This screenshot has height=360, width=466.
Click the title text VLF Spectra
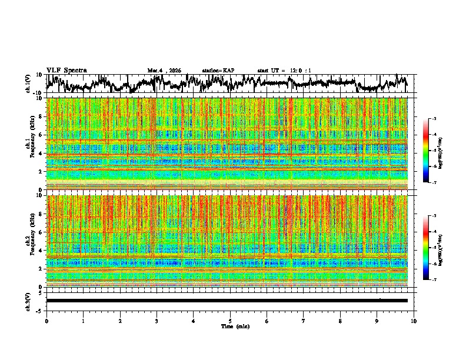pos(66,71)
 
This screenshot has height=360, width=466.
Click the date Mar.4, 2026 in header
pos(167,71)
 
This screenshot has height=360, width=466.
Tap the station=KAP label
pos(218,71)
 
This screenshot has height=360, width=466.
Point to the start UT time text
pos(284,71)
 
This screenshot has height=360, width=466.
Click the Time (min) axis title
pos(231,326)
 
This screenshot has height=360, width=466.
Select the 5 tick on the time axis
pos(231,321)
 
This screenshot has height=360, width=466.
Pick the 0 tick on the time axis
pos(46,321)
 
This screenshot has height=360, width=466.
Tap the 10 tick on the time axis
pos(414,321)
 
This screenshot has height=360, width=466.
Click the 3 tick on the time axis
pos(157,321)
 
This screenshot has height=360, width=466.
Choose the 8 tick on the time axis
pos(341,321)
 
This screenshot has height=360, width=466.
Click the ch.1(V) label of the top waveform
pos(28,84)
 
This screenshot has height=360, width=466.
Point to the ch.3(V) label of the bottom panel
pos(28,300)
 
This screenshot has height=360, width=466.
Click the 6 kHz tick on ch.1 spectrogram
pos(41,135)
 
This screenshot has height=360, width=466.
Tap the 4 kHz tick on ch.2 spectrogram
pos(41,251)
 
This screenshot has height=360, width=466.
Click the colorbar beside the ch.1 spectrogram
pos(426,151)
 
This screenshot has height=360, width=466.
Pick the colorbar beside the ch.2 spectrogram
pos(426,248)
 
